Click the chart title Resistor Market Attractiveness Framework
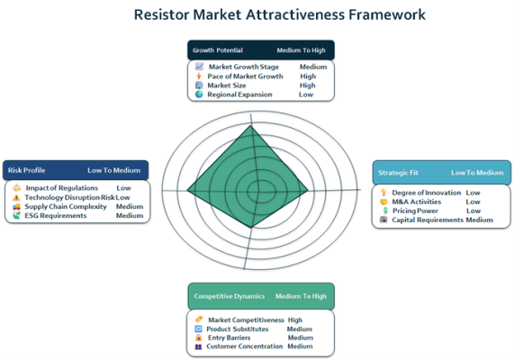(280, 14)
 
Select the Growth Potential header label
(218, 50)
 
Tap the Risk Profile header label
(26, 170)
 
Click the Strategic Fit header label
(398, 173)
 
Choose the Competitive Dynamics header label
(230, 296)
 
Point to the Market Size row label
(227, 85)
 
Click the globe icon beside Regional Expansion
(199, 94)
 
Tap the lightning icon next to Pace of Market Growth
(199, 76)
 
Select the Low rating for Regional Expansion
(306, 94)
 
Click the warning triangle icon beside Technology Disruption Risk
(16, 197)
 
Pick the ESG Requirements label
(56, 215)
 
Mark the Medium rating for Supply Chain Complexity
(130, 207)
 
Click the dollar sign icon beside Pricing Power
(385, 211)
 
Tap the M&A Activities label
(416, 202)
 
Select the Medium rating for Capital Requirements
(479, 220)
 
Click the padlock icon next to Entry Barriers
(198, 337)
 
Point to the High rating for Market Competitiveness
(295, 319)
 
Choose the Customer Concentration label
(244, 346)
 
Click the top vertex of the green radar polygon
(251, 126)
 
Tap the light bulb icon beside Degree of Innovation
(383, 192)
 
